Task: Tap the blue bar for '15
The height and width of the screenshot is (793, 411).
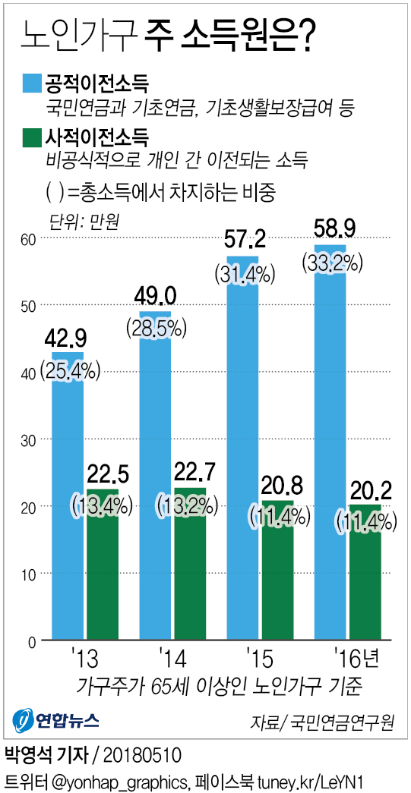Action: [242, 455]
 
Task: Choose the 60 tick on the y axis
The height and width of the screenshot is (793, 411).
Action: [28, 239]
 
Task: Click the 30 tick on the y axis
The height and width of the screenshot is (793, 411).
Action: [28, 440]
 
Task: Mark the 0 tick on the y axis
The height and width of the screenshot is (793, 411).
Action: [32, 642]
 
